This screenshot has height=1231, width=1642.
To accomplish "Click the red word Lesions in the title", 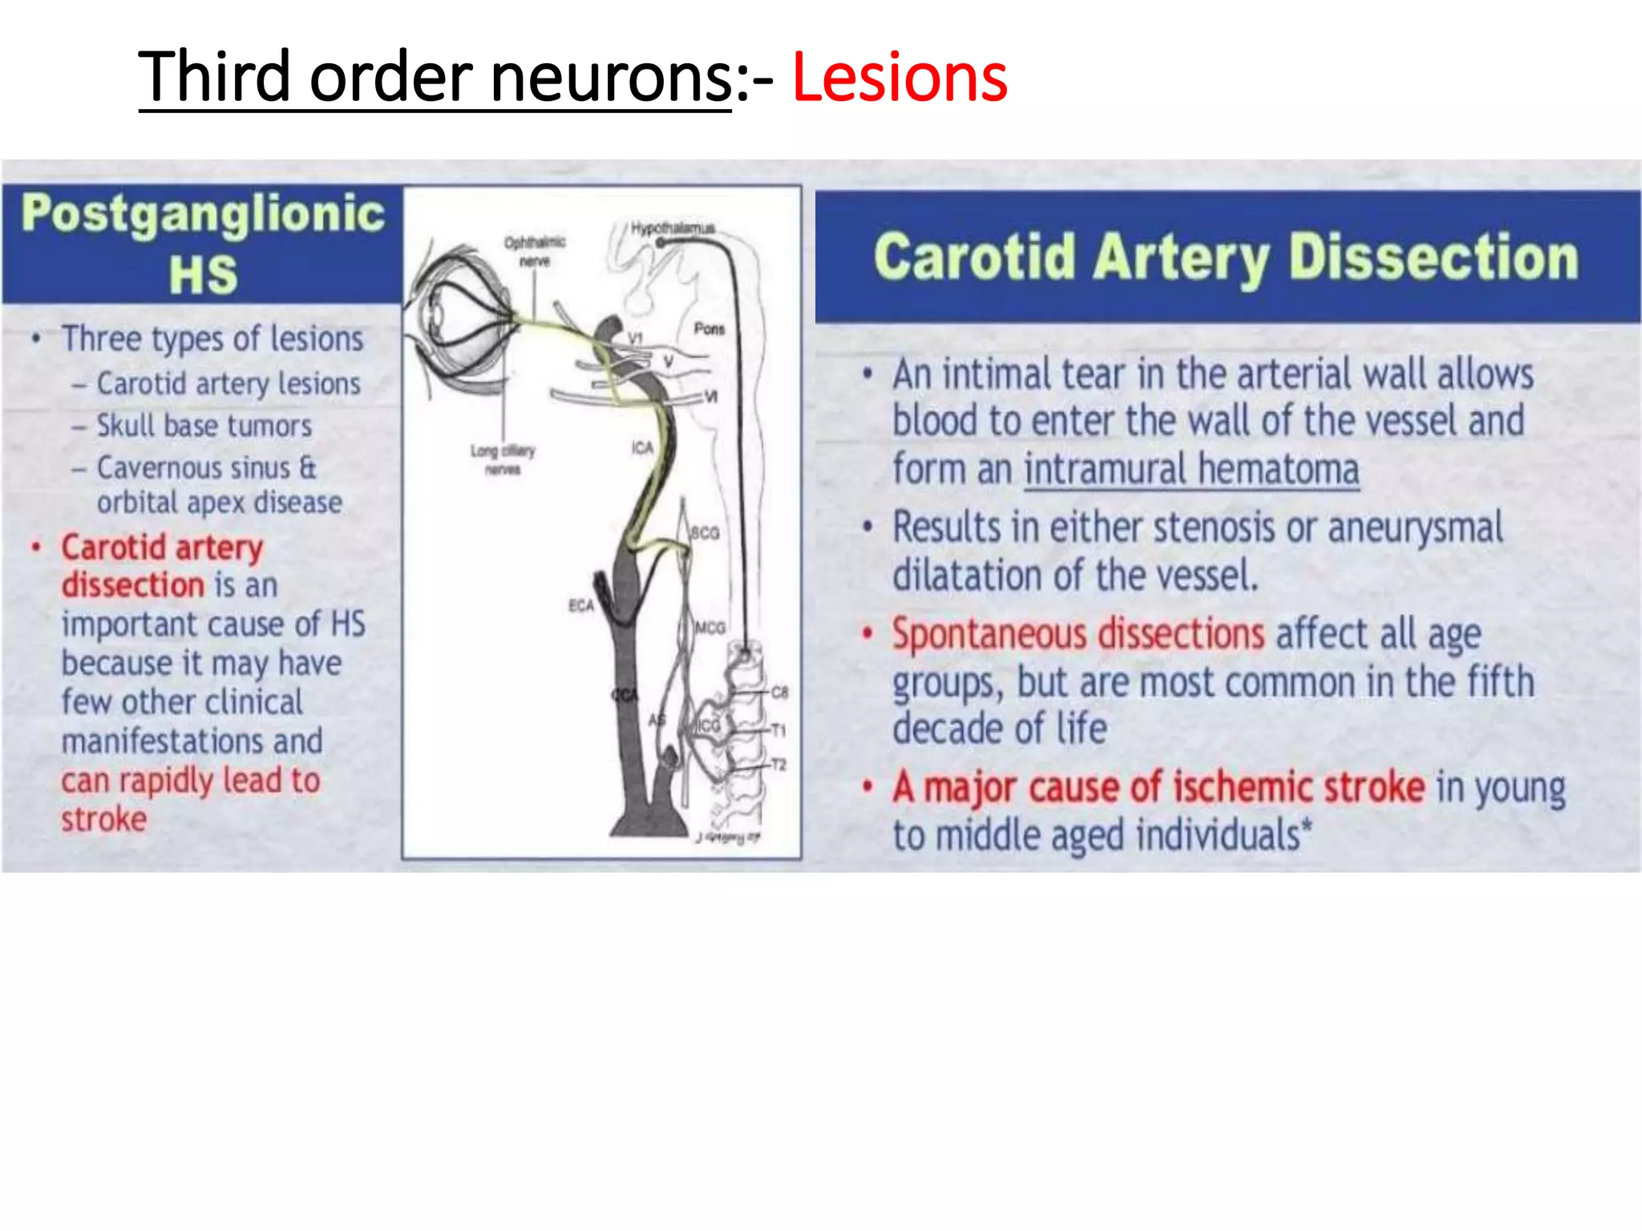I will (x=899, y=78).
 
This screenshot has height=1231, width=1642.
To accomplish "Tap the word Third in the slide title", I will (x=215, y=78).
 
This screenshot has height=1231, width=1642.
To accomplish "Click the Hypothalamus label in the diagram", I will (x=672, y=228).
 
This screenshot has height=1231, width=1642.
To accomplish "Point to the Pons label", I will (x=709, y=329).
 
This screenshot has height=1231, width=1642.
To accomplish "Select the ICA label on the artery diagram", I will (x=642, y=447).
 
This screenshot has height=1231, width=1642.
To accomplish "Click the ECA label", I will (x=581, y=605).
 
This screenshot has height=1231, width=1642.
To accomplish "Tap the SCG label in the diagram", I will (x=705, y=532).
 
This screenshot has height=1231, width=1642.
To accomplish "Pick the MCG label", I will (x=710, y=628).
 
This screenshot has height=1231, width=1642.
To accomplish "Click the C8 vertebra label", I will (x=779, y=692).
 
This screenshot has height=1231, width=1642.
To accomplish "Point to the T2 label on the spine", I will (x=778, y=765).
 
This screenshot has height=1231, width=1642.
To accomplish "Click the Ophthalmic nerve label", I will (x=535, y=251).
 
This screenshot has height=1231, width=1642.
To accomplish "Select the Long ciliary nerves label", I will (x=503, y=460).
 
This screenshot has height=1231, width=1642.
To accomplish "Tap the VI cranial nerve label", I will (x=710, y=397).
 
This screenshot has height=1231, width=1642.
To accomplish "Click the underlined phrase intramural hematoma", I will (x=1191, y=470).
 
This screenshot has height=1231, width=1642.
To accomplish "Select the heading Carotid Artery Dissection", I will (x=1226, y=257).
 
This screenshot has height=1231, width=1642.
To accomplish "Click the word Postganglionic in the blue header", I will (x=203, y=214).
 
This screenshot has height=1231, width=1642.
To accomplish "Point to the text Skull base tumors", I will (x=204, y=426).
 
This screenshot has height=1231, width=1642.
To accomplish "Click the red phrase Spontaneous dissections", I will (x=1078, y=634).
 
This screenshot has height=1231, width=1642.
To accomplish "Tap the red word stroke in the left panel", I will (x=104, y=819).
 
